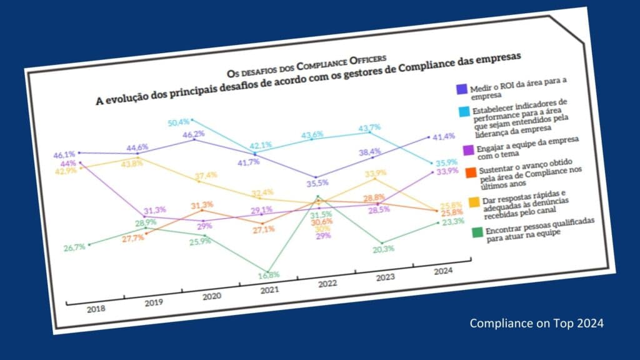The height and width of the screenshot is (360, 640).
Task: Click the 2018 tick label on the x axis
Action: click(96, 309)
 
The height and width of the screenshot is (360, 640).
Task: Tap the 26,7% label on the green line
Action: click(74, 247)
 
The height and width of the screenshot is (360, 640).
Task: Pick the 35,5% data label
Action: click(317, 183)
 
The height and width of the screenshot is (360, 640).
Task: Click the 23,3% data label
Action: click(451, 221)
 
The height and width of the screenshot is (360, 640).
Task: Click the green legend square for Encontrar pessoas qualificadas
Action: click(476, 231)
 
